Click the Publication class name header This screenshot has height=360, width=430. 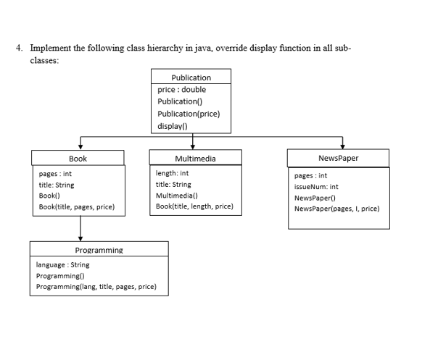191,78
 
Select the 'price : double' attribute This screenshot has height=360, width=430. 181,90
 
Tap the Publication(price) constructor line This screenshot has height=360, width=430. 189,114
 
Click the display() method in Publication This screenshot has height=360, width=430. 173,126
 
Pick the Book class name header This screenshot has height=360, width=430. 78,158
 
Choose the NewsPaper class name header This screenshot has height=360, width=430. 338,158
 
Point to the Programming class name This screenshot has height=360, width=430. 99,250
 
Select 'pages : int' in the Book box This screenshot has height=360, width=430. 55,175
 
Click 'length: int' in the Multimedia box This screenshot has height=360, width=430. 173,173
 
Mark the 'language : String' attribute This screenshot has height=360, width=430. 62,265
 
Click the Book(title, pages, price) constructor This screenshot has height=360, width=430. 76,207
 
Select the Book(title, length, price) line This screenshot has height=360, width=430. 194,206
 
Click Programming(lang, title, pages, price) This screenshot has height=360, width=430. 96,287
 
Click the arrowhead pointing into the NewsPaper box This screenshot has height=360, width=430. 338,145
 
